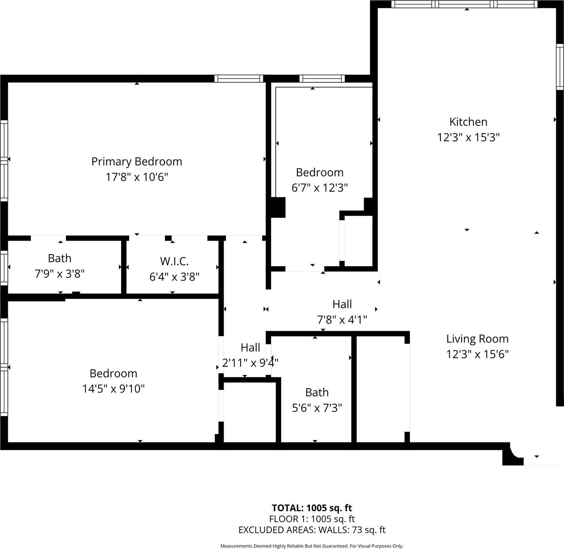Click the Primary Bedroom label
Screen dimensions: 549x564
click(x=137, y=161)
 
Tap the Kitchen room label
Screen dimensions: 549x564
click(x=468, y=122)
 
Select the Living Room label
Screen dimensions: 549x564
click(x=477, y=339)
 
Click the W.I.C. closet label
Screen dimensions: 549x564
click(x=174, y=261)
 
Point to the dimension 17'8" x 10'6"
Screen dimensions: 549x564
click(x=137, y=177)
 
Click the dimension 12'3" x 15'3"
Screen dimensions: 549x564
click(x=468, y=137)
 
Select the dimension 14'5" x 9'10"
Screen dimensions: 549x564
click(x=113, y=388)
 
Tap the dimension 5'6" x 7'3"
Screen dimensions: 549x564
click(x=317, y=408)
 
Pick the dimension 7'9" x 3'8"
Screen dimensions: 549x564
click(x=59, y=274)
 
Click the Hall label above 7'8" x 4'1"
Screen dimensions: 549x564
click(x=342, y=304)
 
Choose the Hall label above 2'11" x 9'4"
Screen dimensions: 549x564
click(x=250, y=348)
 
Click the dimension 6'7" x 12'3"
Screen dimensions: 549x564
click(x=319, y=187)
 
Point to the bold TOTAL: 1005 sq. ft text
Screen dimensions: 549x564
click(x=312, y=508)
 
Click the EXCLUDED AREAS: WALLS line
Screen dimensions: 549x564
click(x=312, y=530)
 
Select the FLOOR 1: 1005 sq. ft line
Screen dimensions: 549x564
click(x=312, y=519)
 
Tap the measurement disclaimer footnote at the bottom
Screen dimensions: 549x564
click(x=312, y=546)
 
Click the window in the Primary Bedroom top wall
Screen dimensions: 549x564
click(x=239, y=79)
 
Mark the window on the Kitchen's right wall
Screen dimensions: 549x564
click(x=560, y=67)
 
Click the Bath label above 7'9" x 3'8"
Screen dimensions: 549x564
click(x=59, y=258)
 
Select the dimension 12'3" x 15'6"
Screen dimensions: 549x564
click(x=477, y=354)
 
